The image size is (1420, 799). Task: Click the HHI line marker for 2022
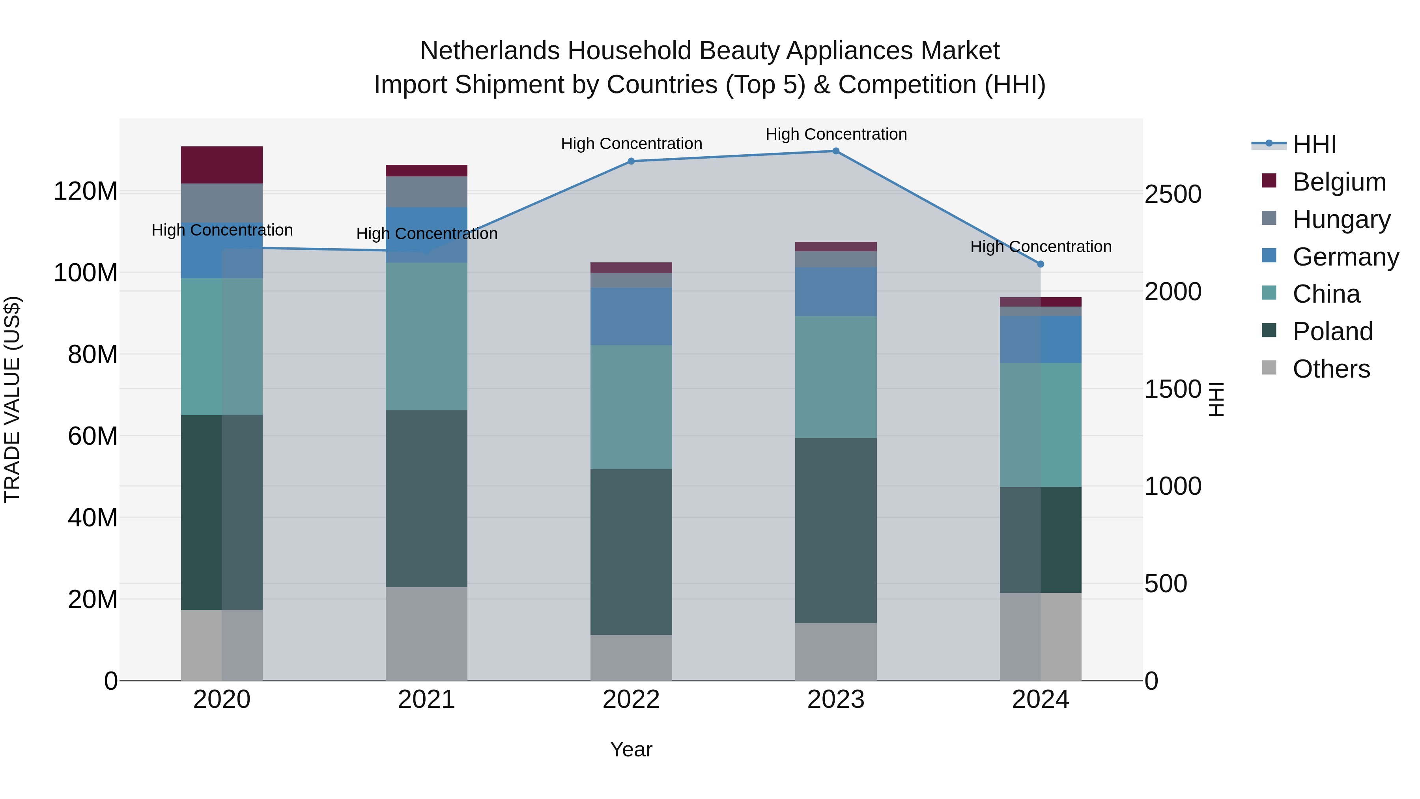(x=631, y=161)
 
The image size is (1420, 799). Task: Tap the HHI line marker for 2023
(x=836, y=151)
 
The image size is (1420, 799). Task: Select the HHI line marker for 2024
(x=1040, y=264)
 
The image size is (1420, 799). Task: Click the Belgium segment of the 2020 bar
(x=222, y=165)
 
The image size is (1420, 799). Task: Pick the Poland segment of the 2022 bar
(x=631, y=552)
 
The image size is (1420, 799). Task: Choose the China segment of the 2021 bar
(x=426, y=336)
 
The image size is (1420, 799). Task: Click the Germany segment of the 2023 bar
(x=836, y=292)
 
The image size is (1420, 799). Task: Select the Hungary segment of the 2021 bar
(x=426, y=191)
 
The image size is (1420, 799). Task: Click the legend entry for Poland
(x=1332, y=331)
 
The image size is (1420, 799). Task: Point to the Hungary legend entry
(x=1341, y=219)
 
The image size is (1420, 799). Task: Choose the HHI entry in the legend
(x=1314, y=144)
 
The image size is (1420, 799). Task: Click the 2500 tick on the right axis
(x=1173, y=195)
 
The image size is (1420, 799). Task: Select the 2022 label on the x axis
(x=631, y=700)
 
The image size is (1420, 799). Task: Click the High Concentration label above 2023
(x=836, y=134)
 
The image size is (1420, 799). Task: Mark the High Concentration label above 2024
(x=1040, y=247)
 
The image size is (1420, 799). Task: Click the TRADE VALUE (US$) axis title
(x=12, y=399)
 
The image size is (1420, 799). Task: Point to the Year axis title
(x=631, y=749)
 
